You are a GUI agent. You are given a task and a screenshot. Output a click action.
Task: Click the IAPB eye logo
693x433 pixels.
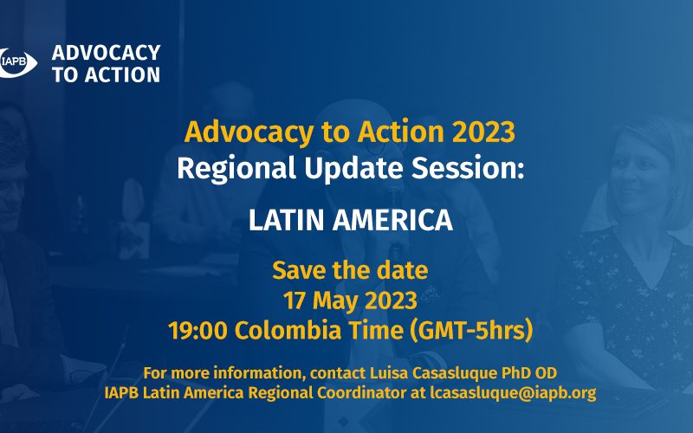tap(16, 63)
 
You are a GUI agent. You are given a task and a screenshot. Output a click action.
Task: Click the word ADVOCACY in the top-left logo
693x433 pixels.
tap(106, 53)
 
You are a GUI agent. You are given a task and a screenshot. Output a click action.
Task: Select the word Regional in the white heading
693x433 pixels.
tap(236, 168)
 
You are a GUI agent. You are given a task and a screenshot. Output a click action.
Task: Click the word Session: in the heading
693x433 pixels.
tap(468, 168)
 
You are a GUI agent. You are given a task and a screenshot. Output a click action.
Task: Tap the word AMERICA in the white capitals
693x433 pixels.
tap(393, 220)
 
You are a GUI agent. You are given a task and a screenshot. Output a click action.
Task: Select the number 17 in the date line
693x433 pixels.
tap(295, 301)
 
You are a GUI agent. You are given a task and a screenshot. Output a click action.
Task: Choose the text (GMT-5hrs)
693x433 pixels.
tap(471, 331)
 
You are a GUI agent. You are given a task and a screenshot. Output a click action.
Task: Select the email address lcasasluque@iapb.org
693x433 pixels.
tap(513, 393)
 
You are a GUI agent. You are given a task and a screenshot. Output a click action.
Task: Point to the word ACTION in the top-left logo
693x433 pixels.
tap(122, 74)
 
